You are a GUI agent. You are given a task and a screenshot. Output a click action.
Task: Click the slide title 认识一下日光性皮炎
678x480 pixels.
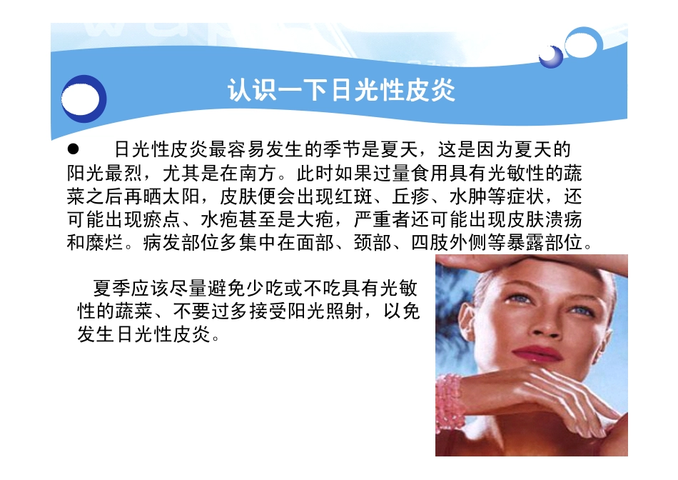(x=341, y=91)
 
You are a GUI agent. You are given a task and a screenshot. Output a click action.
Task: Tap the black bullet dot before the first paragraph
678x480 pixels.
(x=71, y=150)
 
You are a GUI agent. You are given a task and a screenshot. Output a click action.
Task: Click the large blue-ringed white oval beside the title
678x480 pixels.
(x=84, y=99)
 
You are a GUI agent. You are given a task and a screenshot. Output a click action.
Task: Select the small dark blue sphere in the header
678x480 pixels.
(x=550, y=56)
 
